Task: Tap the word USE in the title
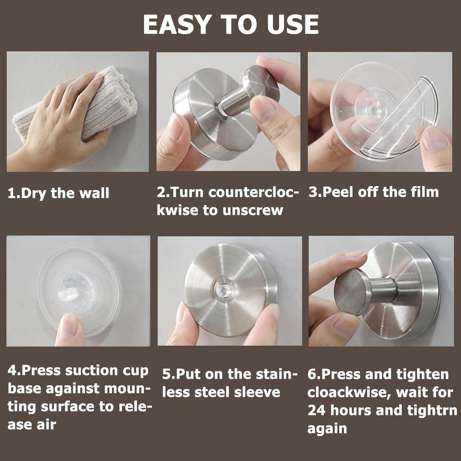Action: [293, 24]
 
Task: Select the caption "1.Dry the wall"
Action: [58, 193]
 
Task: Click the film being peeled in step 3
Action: [396, 120]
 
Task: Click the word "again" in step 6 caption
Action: [327, 429]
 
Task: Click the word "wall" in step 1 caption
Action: [96, 193]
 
